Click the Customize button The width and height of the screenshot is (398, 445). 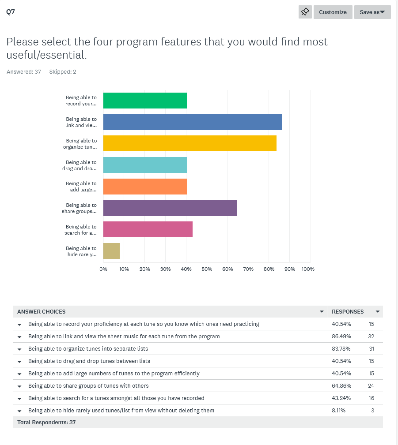coord(333,12)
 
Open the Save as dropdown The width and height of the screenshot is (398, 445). coord(372,12)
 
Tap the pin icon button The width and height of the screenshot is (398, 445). coord(305,12)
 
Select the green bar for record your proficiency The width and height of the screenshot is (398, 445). coord(145,101)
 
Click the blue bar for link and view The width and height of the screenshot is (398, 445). coord(193,122)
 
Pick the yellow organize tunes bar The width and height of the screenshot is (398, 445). coord(190,143)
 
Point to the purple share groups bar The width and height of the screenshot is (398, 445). coord(170,208)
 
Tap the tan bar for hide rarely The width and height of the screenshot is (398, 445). coord(111,251)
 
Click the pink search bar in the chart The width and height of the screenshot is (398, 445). coord(148,229)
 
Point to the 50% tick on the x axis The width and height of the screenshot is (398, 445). coord(207,269)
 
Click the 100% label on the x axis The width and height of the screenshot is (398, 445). coord(308,269)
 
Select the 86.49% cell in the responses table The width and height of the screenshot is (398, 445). coord(341,336)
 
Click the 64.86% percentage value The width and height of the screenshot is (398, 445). coord(341,385)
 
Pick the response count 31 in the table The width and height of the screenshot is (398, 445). coord(371,348)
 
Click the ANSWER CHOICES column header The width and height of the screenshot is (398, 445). coord(42,311)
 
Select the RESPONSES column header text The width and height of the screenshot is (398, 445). coord(348,311)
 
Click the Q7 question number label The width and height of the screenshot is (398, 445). coord(11,12)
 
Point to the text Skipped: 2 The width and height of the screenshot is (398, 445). coord(63,71)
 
